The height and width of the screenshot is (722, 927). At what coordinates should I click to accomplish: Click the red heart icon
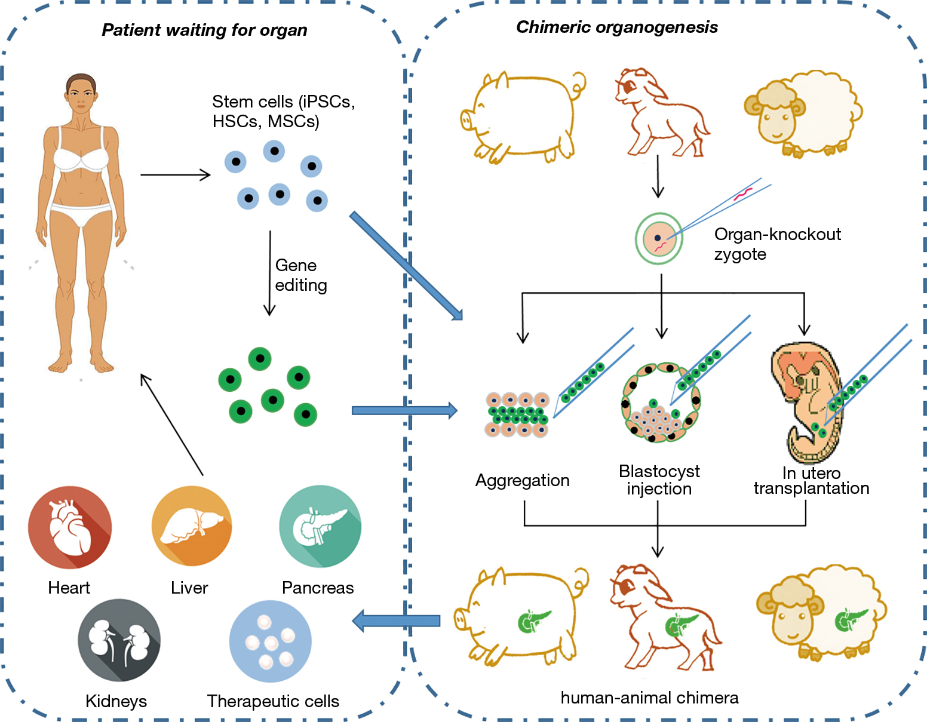tap(70, 527)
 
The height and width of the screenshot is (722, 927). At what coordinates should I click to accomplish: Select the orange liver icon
tap(192, 526)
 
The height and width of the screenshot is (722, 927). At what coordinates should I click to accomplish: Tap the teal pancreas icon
tap(320, 526)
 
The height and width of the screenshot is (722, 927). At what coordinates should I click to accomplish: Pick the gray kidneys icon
tap(119, 640)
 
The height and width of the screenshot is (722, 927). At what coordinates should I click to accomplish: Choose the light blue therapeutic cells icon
tap(271, 641)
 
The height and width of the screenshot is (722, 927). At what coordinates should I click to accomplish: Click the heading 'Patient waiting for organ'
tap(204, 30)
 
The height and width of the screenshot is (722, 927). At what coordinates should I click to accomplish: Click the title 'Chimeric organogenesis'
tap(617, 27)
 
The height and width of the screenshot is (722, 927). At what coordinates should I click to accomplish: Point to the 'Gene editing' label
tap(301, 275)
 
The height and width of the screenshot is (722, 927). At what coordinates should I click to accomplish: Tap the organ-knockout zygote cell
tap(659, 238)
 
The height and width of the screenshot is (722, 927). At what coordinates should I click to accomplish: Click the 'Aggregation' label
tap(522, 480)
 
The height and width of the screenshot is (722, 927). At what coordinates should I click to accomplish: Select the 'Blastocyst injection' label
tap(659, 480)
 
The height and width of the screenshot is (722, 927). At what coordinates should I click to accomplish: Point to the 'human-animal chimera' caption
tap(649, 698)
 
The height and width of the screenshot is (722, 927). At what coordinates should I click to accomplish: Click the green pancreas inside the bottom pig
tap(533, 621)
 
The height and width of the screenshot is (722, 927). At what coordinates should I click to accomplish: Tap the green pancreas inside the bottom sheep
tap(850, 620)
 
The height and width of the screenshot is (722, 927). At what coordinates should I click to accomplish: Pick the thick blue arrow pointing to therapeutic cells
tap(397, 620)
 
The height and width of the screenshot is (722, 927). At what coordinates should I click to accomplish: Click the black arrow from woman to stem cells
tap(176, 175)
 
